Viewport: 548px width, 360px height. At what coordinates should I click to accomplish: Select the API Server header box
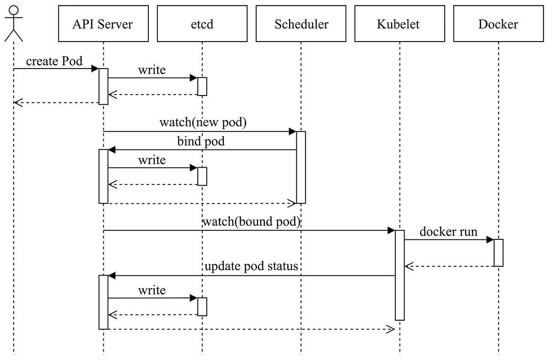(104, 24)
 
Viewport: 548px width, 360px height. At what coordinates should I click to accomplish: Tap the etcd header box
(202, 24)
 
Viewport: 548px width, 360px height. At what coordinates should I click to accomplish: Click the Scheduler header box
(301, 24)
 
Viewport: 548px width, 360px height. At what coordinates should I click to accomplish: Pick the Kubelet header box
(400, 24)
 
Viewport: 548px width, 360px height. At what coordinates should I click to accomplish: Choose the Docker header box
(498, 24)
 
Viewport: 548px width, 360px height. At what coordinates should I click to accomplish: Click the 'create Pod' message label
(54, 61)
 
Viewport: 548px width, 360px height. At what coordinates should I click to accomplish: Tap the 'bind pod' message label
(201, 141)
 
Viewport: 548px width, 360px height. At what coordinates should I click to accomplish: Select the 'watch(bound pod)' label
(251, 222)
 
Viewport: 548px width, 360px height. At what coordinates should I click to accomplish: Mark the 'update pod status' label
(251, 266)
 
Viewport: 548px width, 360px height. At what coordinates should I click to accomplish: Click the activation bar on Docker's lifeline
(498, 253)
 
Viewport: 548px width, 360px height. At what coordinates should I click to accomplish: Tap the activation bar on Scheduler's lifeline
(301, 167)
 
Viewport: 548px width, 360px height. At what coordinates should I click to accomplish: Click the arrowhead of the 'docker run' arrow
(490, 239)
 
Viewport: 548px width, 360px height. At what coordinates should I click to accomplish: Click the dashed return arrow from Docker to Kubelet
(450, 266)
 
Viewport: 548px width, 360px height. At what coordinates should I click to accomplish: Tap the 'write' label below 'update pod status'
(152, 290)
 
